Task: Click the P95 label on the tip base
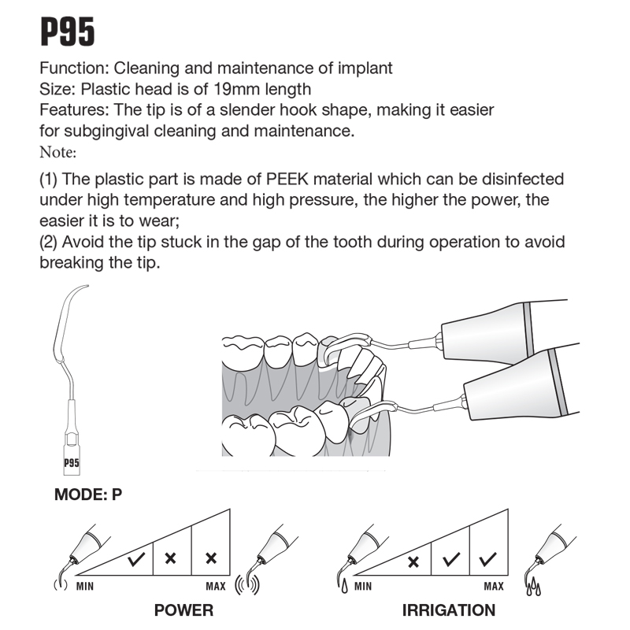(72, 463)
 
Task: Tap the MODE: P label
(88, 495)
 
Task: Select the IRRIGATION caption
(448, 610)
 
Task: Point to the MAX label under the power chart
(216, 587)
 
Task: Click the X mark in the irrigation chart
(414, 561)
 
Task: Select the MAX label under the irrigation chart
(494, 587)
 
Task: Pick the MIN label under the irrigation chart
(363, 587)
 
